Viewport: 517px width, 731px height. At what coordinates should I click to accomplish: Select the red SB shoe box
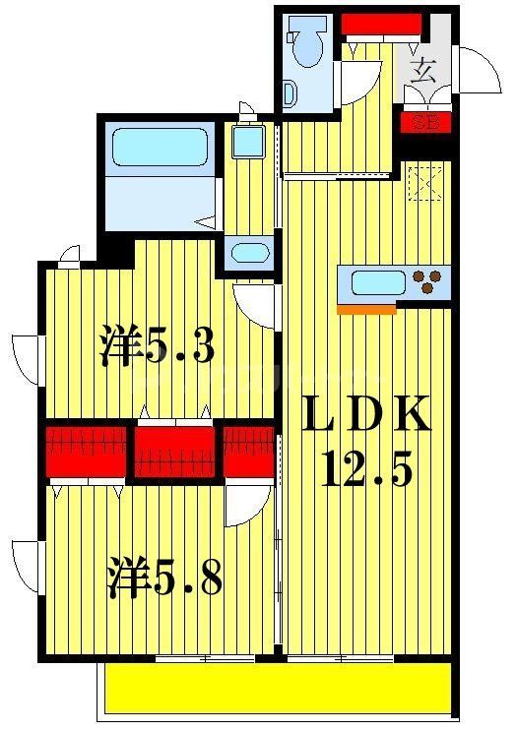(x=425, y=123)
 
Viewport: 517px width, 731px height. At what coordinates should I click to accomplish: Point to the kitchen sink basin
(x=378, y=283)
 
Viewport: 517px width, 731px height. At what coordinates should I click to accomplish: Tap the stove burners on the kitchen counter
(x=429, y=283)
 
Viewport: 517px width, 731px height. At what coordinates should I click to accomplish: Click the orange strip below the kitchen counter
(x=366, y=309)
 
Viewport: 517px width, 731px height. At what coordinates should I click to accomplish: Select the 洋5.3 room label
(x=158, y=346)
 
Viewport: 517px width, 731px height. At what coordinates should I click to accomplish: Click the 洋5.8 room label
(x=163, y=578)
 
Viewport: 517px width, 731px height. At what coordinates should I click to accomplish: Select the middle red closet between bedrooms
(x=174, y=452)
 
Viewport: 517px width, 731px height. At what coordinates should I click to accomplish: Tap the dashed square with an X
(x=426, y=183)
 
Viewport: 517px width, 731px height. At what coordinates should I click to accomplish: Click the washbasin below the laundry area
(x=249, y=253)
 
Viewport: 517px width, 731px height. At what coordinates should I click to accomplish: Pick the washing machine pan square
(x=246, y=144)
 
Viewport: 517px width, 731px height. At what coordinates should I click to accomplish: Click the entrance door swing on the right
(x=479, y=71)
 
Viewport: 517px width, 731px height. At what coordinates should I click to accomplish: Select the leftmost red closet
(x=87, y=452)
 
